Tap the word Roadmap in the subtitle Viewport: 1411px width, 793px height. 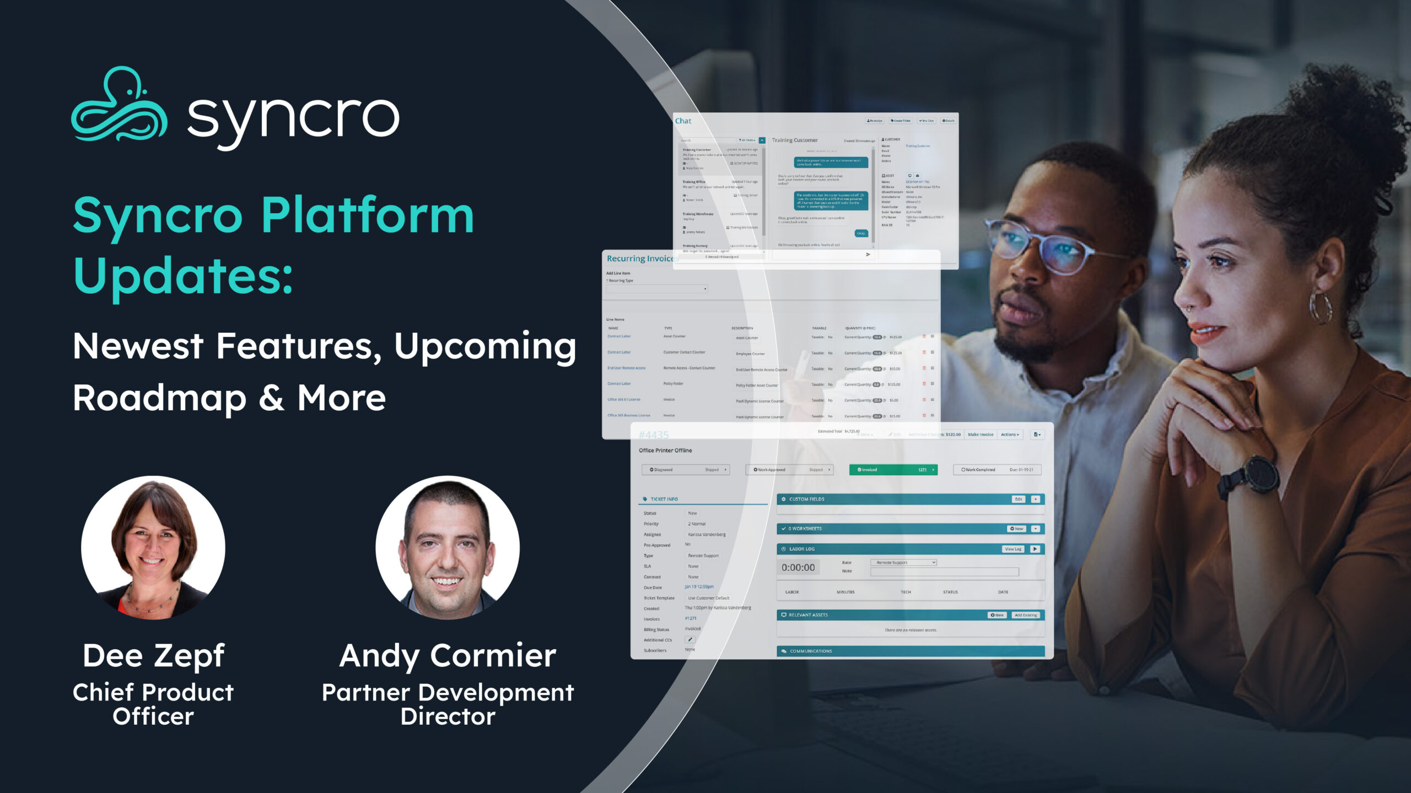pyautogui.click(x=159, y=398)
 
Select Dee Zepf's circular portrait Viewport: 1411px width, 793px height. pyautogui.click(x=153, y=547)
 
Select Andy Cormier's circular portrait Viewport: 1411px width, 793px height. pyautogui.click(x=448, y=547)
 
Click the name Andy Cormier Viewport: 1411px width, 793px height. pyautogui.click(x=448, y=655)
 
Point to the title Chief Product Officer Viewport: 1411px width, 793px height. pyautogui.click(x=153, y=704)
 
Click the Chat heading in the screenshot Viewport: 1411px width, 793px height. pyautogui.click(x=683, y=121)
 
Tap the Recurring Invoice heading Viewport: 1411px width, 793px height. pyautogui.click(x=639, y=258)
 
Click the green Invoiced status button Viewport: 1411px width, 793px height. pyautogui.click(x=893, y=470)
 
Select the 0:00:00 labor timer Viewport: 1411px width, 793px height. pyautogui.click(x=798, y=567)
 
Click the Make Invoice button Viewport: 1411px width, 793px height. pyautogui.click(x=981, y=434)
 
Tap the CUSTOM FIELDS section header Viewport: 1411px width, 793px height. pyautogui.click(x=807, y=499)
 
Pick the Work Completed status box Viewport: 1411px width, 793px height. pyautogui.click(x=997, y=470)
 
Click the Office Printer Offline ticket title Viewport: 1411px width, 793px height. pyautogui.click(x=665, y=450)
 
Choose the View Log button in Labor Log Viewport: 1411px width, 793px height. pyautogui.click(x=1013, y=549)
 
